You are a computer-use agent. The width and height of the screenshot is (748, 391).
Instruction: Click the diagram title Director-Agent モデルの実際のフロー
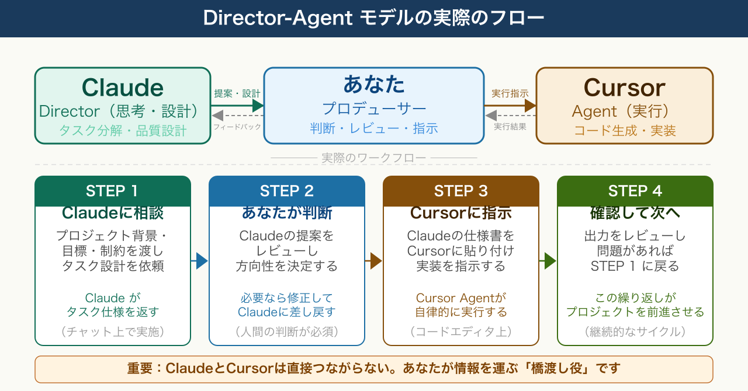click(x=374, y=18)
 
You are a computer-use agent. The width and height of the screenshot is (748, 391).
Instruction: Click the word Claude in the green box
click(x=122, y=88)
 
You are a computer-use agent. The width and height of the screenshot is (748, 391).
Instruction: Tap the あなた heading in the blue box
click(x=374, y=85)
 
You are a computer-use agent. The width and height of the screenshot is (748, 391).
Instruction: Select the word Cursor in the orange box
click(x=624, y=88)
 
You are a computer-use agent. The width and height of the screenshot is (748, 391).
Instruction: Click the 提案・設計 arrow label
click(x=237, y=93)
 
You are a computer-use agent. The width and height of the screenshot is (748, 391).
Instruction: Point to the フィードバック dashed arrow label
click(x=237, y=127)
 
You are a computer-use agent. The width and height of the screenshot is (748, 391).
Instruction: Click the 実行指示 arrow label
click(x=510, y=93)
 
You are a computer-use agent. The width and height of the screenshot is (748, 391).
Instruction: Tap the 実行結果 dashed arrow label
click(x=510, y=127)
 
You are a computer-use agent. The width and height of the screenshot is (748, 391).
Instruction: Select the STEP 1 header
click(x=113, y=191)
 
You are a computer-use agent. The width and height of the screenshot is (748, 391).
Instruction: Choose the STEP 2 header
click(x=287, y=191)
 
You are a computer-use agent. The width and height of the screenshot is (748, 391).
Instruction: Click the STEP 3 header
click(x=461, y=191)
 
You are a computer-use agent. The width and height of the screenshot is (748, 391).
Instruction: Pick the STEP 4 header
click(x=635, y=191)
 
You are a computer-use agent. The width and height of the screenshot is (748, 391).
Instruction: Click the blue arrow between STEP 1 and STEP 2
click(x=200, y=261)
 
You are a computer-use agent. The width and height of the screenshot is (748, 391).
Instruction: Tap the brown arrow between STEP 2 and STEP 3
click(x=374, y=261)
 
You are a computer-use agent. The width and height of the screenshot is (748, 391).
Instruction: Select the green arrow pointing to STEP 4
click(x=548, y=261)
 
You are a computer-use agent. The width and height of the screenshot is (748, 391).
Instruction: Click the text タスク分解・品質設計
click(x=122, y=131)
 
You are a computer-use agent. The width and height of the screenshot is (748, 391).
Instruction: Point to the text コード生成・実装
click(x=624, y=131)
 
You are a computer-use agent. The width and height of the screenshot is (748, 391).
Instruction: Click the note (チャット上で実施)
click(x=113, y=331)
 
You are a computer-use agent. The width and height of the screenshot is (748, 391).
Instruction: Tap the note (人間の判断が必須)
click(x=287, y=331)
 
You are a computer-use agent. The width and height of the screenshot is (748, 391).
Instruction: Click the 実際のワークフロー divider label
click(x=374, y=158)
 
